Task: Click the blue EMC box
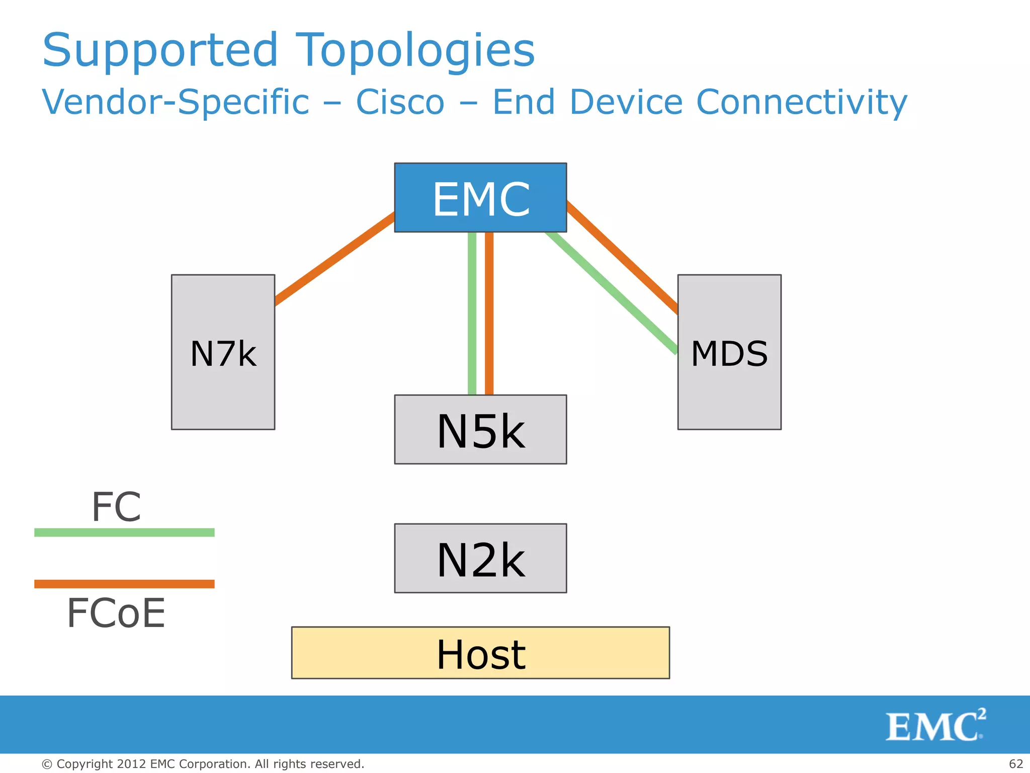[480, 197]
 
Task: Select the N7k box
[223, 352]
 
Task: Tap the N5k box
[480, 429]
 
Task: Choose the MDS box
[729, 352]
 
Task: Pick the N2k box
[480, 558]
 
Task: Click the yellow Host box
[480, 653]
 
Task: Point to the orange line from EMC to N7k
[334, 259]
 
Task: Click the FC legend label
[116, 507]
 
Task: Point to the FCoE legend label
[116, 613]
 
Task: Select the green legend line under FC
[124, 532]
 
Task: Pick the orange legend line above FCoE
[124, 584]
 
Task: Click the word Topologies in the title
[414, 50]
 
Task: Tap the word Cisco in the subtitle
[400, 102]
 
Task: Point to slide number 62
[1016, 764]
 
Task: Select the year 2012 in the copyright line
[131, 764]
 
